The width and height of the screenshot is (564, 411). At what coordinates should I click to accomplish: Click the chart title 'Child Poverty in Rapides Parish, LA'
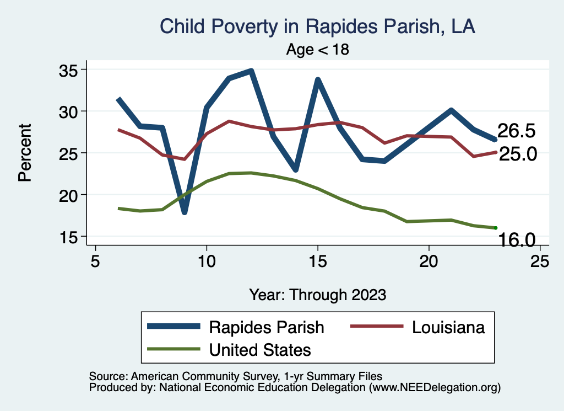(x=317, y=26)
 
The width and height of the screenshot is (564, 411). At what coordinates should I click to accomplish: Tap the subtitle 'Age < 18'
(x=318, y=49)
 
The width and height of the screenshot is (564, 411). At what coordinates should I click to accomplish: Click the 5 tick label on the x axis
(x=96, y=261)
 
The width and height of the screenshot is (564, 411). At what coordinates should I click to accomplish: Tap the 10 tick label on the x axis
(x=207, y=261)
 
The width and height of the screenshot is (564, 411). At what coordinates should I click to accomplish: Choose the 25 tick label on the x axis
(x=540, y=261)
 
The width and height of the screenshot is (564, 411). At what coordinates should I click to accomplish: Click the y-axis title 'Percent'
(x=24, y=153)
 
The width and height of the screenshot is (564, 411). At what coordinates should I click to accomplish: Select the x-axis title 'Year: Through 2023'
(x=318, y=294)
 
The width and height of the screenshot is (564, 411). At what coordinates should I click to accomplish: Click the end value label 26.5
(x=517, y=131)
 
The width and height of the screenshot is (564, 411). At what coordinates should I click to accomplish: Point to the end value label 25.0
(x=518, y=154)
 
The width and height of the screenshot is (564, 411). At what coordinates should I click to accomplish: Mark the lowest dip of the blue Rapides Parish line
(x=185, y=212)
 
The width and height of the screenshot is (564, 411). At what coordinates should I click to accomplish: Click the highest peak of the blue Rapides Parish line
(x=251, y=71)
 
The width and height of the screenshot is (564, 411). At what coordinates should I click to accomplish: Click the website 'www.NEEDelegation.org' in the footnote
(x=433, y=387)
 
